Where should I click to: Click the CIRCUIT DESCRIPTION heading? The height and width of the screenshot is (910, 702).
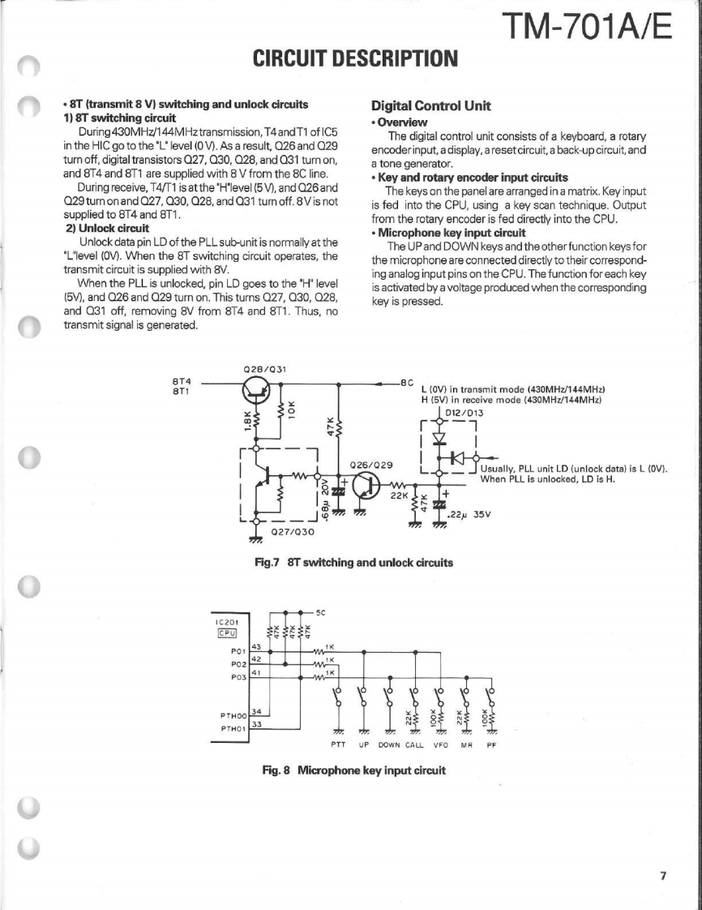[356, 59]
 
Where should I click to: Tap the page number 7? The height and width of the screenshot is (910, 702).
[662, 875]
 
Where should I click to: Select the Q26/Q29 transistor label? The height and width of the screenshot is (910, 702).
[371, 465]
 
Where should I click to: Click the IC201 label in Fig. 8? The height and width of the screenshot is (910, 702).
[226, 621]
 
